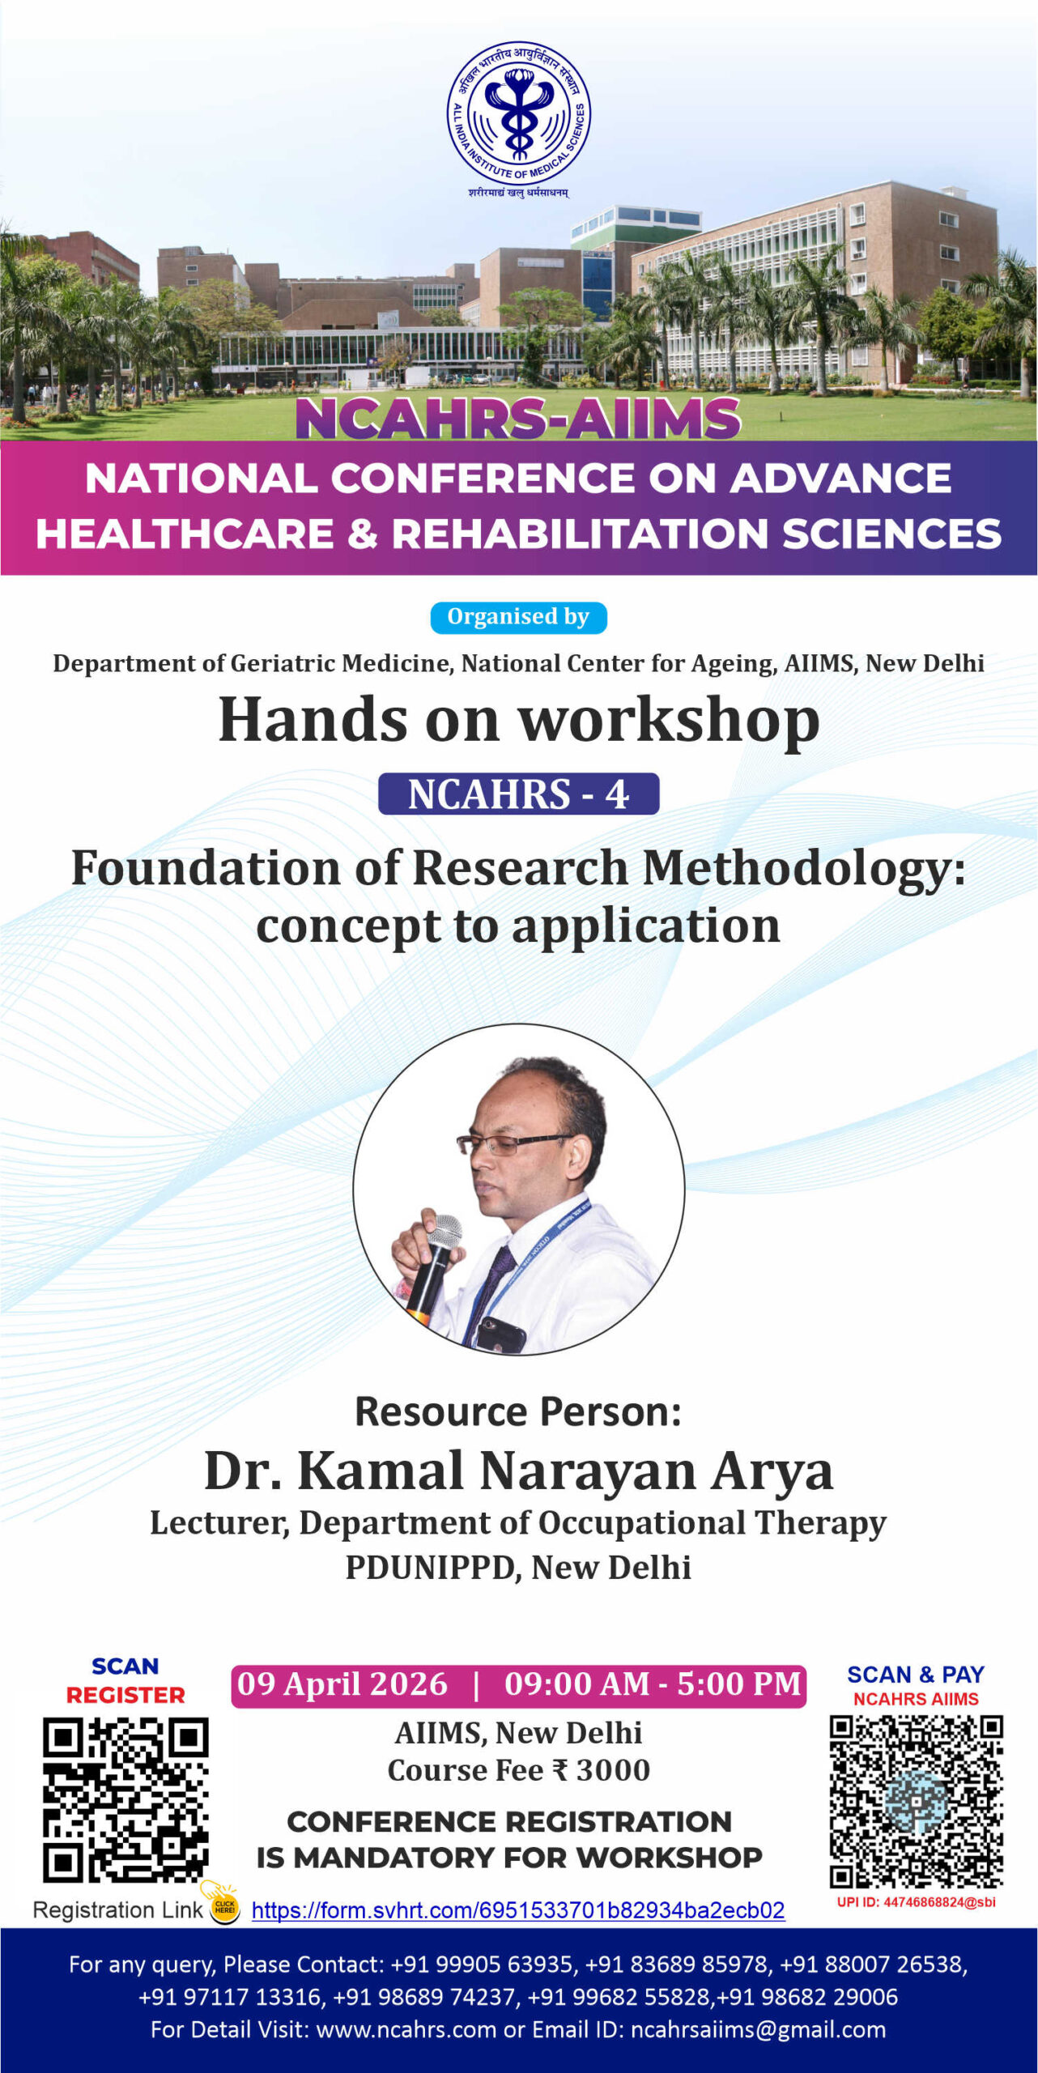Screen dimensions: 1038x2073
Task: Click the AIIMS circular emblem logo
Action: point(519,113)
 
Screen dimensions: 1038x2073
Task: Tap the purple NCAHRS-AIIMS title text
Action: point(518,419)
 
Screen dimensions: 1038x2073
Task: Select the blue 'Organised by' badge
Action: point(518,617)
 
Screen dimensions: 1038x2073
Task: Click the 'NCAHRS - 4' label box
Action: point(518,794)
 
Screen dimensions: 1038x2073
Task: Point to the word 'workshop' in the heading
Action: point(669,721)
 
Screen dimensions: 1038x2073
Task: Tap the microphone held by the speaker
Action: point(434,1268)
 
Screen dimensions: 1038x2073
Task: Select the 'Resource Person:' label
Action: point(518,1411)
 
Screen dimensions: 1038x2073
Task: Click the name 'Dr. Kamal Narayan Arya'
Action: point(518,1471)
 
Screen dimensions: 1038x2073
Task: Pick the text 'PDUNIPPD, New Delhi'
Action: point(518,1568)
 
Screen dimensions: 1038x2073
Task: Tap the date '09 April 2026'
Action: point(342,1684)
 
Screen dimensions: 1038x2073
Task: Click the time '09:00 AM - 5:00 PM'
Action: point(653,1684)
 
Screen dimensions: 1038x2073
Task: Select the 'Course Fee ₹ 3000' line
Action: point(518,1770)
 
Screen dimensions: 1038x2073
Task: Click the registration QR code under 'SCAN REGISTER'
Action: point(125,1799)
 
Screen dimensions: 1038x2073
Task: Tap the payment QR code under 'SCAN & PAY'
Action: point(916,1801)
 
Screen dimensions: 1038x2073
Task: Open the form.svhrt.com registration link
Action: point(518,1910)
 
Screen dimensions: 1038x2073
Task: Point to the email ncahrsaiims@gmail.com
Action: point(758,2029)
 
